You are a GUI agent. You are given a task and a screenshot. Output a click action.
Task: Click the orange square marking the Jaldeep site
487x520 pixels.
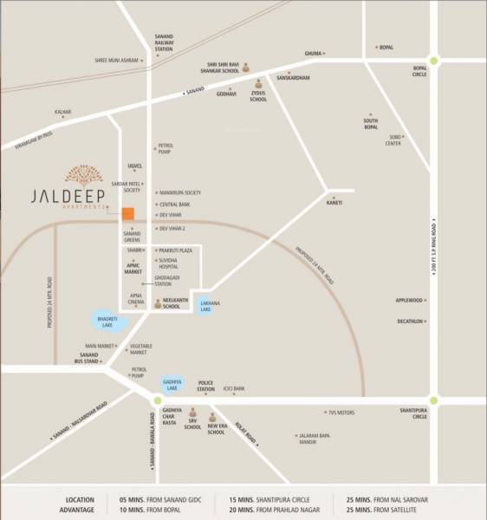(x=127, y=214)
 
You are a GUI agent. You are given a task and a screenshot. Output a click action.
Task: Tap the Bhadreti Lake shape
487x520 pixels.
(x=109, y=323)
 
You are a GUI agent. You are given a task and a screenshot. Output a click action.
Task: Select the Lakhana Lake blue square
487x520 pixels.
(x=205, y=306)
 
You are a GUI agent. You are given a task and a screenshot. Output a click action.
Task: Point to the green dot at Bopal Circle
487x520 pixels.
(x=433, y=60)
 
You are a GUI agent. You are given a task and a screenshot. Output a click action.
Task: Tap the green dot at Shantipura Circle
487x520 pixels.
(x=433, y=400)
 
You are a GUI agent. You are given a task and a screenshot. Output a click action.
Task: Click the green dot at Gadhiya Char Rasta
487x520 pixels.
(x=156, y=400)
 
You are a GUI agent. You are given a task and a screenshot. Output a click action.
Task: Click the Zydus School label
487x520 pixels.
(x=258, y=96)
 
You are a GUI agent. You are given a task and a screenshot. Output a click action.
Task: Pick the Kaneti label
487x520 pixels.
(x=334, y=203)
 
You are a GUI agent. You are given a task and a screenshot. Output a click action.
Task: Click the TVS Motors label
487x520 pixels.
(x=341, y=413)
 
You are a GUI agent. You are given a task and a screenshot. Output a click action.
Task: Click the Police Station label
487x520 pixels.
(x=205, y=386)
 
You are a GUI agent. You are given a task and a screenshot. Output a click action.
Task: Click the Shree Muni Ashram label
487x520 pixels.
(x=116, y=60)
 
